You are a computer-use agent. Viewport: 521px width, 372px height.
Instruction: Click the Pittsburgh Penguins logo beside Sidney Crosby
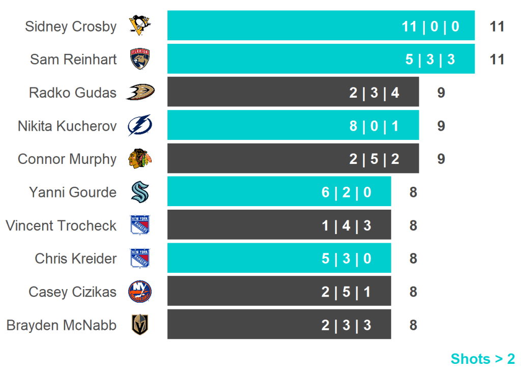140,25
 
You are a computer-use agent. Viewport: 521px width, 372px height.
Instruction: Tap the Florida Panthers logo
140,59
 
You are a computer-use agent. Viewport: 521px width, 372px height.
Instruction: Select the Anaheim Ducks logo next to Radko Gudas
140,92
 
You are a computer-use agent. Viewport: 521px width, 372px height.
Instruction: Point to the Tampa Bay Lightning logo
140,126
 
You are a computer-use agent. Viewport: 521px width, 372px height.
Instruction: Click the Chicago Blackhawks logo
140,159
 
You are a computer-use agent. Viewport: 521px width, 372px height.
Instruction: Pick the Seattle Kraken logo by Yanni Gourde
140,192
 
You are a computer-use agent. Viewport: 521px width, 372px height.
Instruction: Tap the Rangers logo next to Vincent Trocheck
140,225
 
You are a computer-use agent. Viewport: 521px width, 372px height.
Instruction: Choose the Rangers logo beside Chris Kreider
140,259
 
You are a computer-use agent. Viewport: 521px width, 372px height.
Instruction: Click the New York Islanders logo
140,292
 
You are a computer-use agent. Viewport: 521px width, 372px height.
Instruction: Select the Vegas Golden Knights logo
140,325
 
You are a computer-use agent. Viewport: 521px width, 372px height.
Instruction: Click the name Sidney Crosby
71,26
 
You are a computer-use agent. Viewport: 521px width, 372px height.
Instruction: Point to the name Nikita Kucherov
67,126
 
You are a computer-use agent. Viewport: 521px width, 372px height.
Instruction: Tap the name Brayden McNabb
62,325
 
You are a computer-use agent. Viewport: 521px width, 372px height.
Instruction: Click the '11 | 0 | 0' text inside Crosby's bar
430,26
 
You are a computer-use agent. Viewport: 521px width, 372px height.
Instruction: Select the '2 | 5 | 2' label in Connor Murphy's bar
374,159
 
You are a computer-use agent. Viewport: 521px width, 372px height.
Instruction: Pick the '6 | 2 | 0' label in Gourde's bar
346,192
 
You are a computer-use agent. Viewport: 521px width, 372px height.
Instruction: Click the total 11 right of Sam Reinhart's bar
497,60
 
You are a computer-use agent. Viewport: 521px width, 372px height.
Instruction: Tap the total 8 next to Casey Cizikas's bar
413,292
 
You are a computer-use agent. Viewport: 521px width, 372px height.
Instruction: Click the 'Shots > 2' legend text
482,359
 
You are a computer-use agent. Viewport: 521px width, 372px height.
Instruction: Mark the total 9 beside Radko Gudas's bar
441,93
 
